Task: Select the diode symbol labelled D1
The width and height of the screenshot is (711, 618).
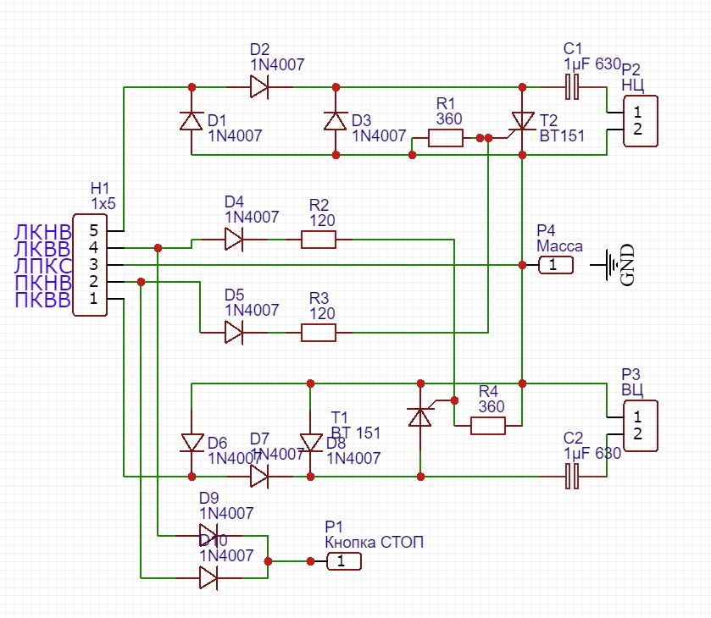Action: click(192, 121)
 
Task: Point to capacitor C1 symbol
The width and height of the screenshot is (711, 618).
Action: click(573, 86)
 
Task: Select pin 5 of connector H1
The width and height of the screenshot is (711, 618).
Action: click(94, 230)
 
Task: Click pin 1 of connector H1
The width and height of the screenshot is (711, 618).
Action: click(94, 298)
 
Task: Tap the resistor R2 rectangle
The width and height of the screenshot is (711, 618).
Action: click(319, 240)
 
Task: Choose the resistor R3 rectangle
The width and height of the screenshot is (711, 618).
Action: click(319, 333)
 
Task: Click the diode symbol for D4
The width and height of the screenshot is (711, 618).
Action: click(235, 240)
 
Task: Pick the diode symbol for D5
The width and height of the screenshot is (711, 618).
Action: click(235, 333)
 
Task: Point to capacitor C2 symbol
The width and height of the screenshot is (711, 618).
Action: click(573, 477)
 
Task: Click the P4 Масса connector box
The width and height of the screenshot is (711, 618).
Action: click(555, 265)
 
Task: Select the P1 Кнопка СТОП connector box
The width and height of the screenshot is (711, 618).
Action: click(343, 561)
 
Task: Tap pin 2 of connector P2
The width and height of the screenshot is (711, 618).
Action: click(637, 130)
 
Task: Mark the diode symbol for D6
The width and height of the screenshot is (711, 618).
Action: click(192, 443)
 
